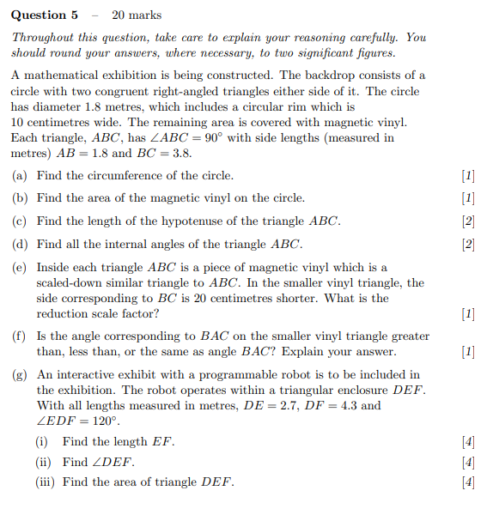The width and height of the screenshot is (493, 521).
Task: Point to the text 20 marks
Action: click(x=137, y=15)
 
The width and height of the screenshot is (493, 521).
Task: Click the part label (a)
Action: click(x=20, y=176)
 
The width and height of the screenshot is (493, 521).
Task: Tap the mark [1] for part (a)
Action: click(x=468, y=176)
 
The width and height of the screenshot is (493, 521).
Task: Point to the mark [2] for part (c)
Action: click(x=468, y=221)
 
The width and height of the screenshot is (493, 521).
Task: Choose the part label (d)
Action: click(x=20, y=244)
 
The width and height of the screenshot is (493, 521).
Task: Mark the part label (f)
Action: click(x=20, y=336)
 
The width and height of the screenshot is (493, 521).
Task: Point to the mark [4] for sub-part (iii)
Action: click(x=468, y=482)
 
